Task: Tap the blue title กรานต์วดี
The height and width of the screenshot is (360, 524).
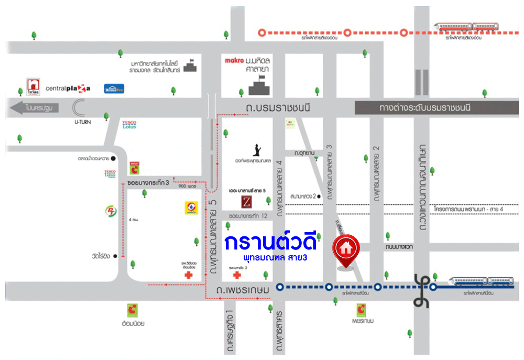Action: pos(271,243)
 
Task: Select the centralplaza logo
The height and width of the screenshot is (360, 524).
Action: pos(68,88)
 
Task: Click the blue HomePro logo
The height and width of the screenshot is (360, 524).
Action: pos(113,89)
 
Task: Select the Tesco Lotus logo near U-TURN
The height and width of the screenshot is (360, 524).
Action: pos(129,125)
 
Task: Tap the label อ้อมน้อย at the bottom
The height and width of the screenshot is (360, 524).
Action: pos(132,323)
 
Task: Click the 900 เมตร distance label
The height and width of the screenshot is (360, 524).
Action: pos(187,186)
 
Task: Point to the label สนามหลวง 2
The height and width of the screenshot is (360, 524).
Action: pos(303,196)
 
